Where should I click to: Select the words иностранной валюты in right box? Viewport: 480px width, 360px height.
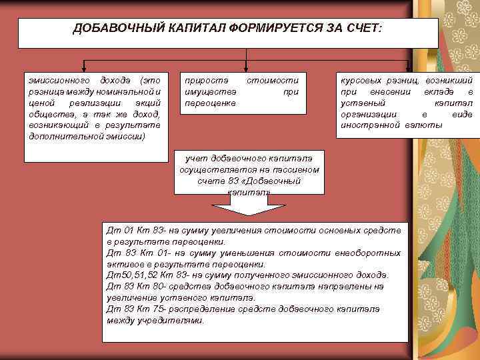coord(390,125)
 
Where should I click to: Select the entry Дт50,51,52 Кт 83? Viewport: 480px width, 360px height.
coord(140,275)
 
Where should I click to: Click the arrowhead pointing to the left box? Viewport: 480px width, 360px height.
coord(83,69)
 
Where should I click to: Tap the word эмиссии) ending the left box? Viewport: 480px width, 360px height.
coord(127,136)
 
